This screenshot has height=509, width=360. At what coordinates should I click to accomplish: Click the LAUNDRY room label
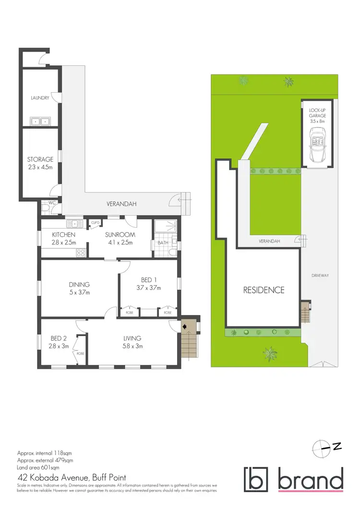pyautogui.click(x=40, y=98)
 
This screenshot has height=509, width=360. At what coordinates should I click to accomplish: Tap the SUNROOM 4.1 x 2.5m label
pyautogui.click(x=120, y=238)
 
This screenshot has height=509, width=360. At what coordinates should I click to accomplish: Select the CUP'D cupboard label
pyautogui.click(x=95, y=222)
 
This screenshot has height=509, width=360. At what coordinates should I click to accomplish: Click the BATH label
pyautogui.click(x=162, y=243)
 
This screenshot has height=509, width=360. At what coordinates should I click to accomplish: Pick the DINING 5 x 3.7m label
pyautogui.click(x=79, y=288)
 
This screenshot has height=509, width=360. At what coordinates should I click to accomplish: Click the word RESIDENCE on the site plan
pyautogui.click(x=263, y=290)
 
